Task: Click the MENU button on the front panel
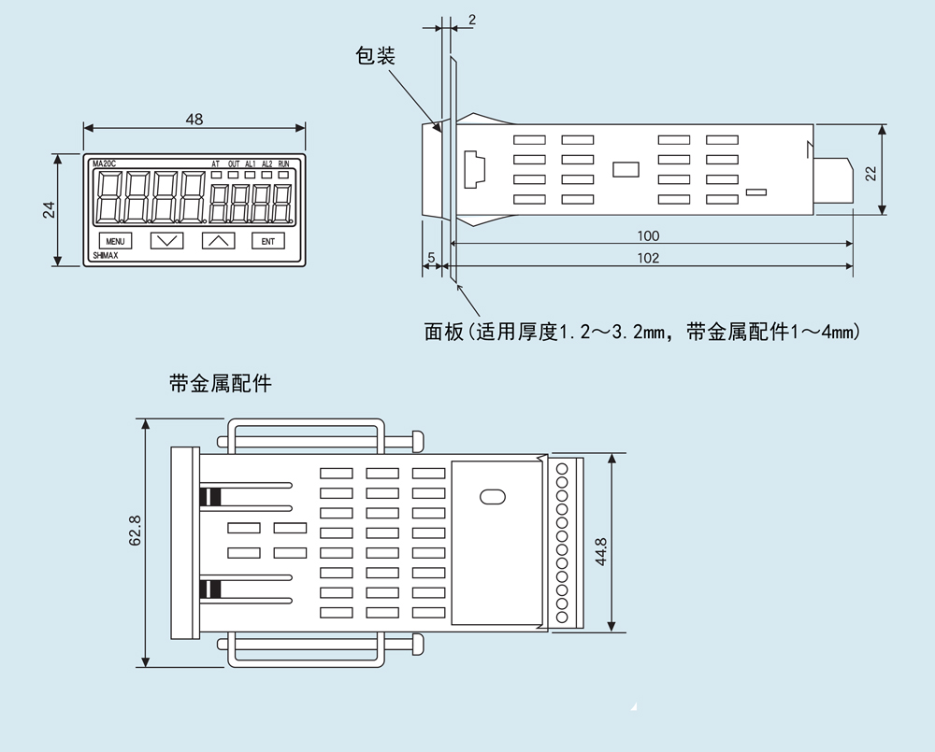(x=115, y=241)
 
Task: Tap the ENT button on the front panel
(x=267, y=241)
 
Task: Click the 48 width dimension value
(x=194, y=120)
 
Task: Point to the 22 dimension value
(x=870, y=173)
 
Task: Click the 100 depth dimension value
(x=648, y=236)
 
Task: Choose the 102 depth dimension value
(x=648, y=258)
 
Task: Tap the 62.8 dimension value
(x=136, y=531)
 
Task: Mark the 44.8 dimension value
(x=600, y=552)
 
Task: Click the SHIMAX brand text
(x=106, y=256)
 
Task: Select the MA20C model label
(x=105, y=163)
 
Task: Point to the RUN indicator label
(x=283, y=163)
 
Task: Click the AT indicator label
(x=215, y=163)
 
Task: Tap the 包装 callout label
(x=375, y=55)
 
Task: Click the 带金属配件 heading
(x=220, y=383)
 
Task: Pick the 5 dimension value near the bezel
(x=431, y=258)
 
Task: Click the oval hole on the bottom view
(x=493, y=496)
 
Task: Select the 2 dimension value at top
(x=471, y=20)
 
